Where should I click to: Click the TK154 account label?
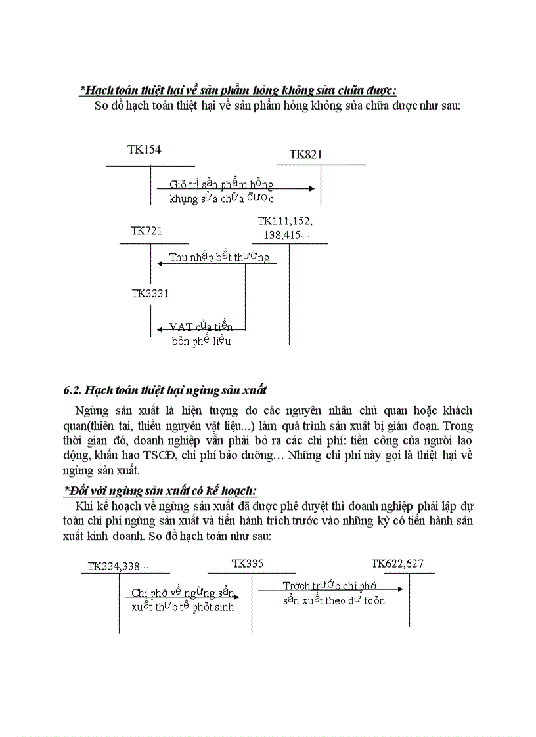click(145, 150)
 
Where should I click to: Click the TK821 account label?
click(306, 154)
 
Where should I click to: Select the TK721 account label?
click(146, 230)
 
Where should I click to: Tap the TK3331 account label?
click(150, 293)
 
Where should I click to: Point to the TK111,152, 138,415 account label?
click(284, 227)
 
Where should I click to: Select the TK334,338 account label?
click(118, 566)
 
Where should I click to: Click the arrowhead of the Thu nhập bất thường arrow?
click(160, 264)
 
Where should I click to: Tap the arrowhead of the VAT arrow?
click(160, 329)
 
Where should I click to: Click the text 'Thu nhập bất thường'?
click(219, 257)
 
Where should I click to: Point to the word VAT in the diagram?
click(182, 326)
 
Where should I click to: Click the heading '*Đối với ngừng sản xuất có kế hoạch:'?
click(160, 490)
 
